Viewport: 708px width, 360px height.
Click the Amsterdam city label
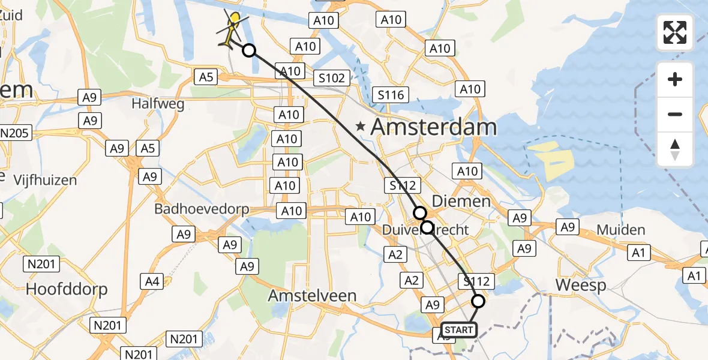click(x=434, y=127)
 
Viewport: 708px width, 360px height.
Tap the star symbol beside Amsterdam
click(x=360, y=127)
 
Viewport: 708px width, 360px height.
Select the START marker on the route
click(x=459, y=329)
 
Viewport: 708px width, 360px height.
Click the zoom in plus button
click(x=675, y=80)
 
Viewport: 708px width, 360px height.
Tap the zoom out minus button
click(x=675, y=114)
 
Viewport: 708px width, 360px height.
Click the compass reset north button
click(x=675, y=149)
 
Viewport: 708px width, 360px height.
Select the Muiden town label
click(x=621, y=230)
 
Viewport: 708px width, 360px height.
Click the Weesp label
click(x=580, y=285)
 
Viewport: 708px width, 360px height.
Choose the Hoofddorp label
click(x=67, y=289)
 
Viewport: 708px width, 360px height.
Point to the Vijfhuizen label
click(x=46, y=179)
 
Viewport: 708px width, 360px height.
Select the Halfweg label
click(x=158, y=104)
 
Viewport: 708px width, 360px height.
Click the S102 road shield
click(x=331, y=78)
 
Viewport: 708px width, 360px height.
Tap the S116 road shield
click(x=391, y=94)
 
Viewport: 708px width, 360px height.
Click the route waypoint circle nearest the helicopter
click(x=248, y=51)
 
